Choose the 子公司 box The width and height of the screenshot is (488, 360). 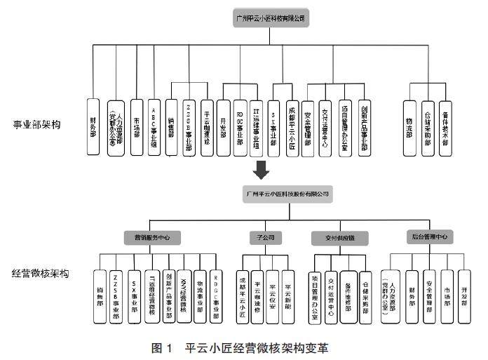265,237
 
